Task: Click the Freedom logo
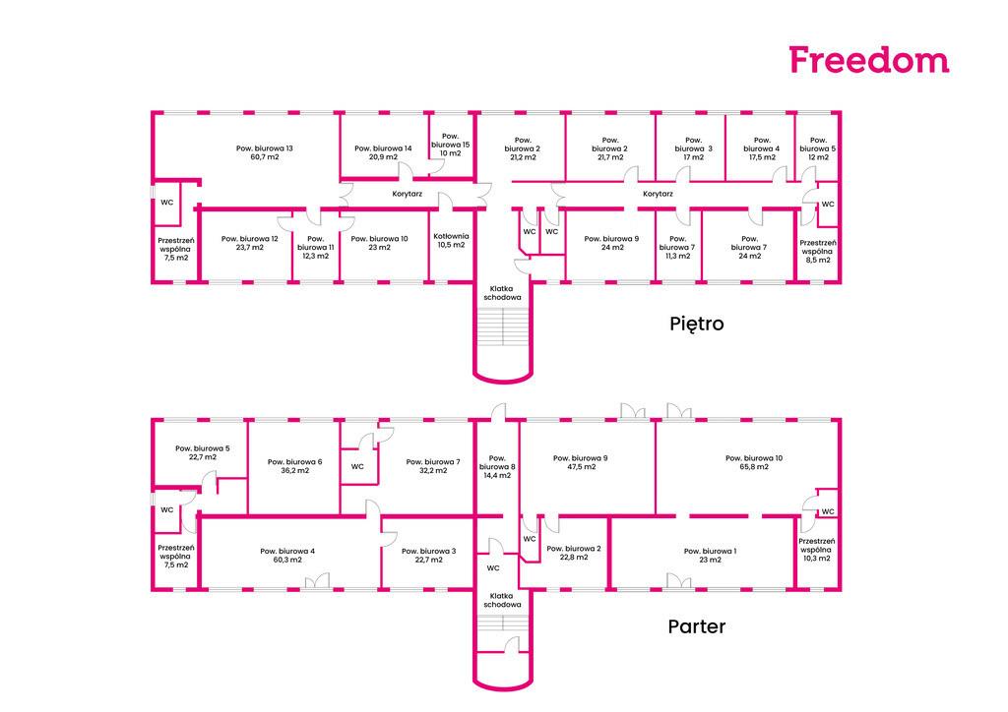coord(869,60)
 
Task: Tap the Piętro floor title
coord(696,323)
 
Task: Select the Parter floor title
coord(696,626)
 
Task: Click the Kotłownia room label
coord(451,236)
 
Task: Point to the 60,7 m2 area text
coord(264,157)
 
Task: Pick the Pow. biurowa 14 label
coord(383,148)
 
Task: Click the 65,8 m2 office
coord(748,467)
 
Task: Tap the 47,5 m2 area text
coord(580,467)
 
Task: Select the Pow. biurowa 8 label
coord(497,462)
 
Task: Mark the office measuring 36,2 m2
coord(293,467)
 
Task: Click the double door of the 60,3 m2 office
coord(317,581)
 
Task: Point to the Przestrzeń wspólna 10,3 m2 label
coord(816,550)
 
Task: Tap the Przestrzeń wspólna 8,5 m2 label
coord(818,252)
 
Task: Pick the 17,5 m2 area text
coord(762,157)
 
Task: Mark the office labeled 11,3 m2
coord(678,247)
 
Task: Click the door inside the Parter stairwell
coord(512,645)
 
